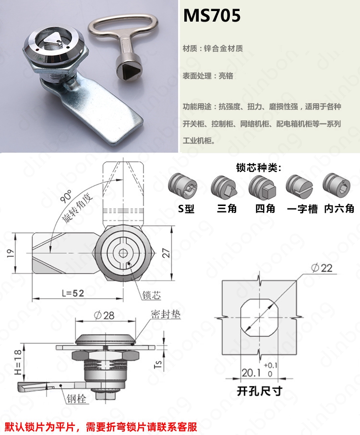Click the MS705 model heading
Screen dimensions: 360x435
click(212, 15)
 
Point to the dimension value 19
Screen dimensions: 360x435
click(11, 253)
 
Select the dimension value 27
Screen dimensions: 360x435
click(166, 253)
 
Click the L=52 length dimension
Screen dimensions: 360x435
click(73, 293)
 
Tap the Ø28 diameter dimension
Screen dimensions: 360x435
click(104, 315)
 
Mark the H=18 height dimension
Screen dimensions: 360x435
click(18, 362)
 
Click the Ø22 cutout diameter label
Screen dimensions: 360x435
click(322, 268)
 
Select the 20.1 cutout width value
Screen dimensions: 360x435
click(251, 373)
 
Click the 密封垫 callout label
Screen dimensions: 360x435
click(166, 314)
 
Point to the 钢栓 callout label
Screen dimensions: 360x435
click(76, 399)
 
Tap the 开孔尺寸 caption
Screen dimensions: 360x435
click(260, 391)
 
